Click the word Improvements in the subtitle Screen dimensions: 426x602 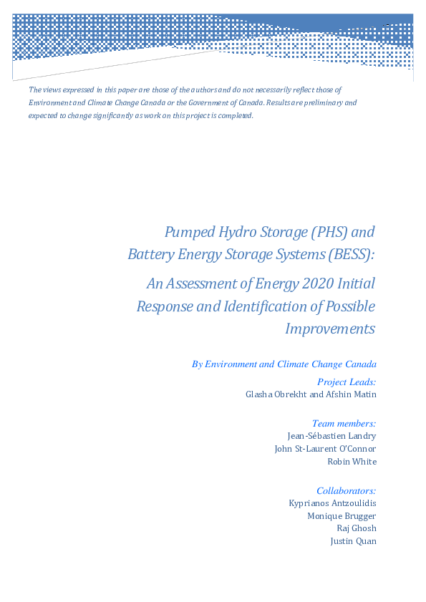330,329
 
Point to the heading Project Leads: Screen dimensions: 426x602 347,382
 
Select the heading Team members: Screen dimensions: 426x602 344,424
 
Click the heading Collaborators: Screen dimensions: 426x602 347,490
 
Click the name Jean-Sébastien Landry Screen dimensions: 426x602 331,435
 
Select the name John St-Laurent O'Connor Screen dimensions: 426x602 326,449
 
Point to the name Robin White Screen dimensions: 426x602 352,462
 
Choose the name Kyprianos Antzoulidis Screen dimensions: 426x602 332,503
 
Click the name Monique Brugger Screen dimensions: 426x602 342,515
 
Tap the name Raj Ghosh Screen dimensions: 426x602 357,528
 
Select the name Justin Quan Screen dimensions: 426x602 353,541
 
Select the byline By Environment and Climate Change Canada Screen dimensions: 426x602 284,364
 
